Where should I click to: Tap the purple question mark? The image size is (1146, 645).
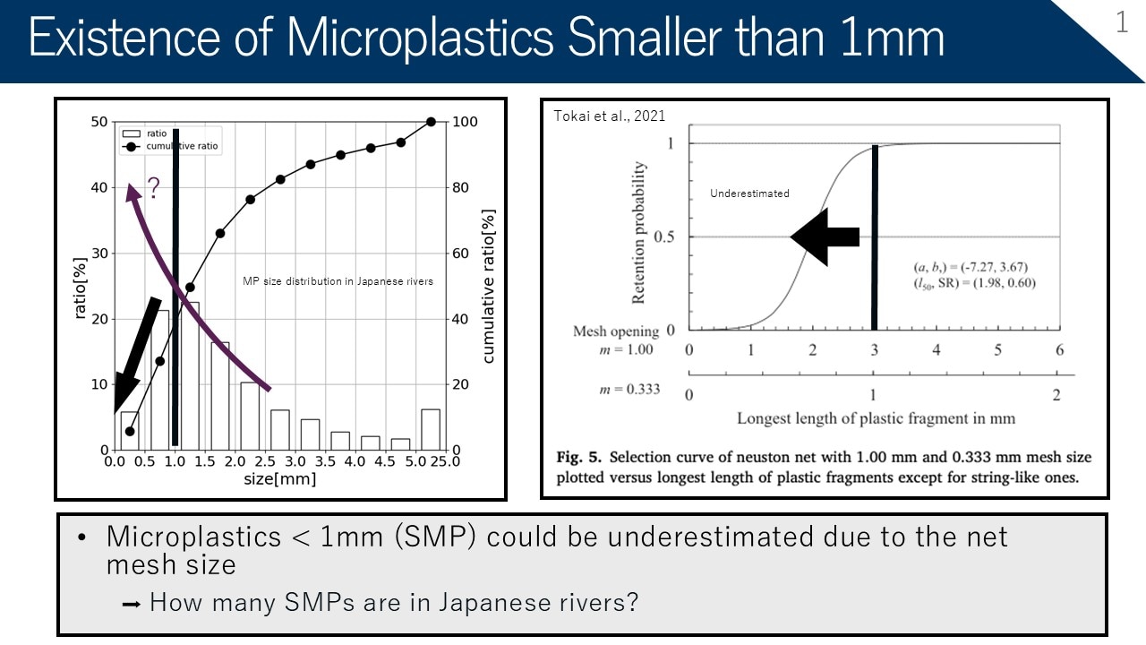pyautogui.click(x=153, y=187)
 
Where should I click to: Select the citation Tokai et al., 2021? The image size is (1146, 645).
pyautogui.click(x=610, y=116)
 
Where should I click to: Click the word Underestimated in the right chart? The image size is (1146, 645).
pyautogui.click(x=749, y=193)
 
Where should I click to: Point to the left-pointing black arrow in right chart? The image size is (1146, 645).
pyautogui.click(x=825, y=236)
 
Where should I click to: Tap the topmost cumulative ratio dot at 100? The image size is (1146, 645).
pyautogui.click(x=431, y=122)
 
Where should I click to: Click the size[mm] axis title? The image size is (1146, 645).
pyautogui.click(x=279, y=479)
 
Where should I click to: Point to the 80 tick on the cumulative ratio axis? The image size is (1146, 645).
pyautogui.click(x=459, y=187)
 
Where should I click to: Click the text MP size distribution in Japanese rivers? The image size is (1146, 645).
pyautogui.click(x=338, y=281)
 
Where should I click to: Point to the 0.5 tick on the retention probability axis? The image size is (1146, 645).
pyautogui.click(x=665, y=236)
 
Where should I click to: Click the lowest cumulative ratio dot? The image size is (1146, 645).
pyautogui.click(x=130, y=431)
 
